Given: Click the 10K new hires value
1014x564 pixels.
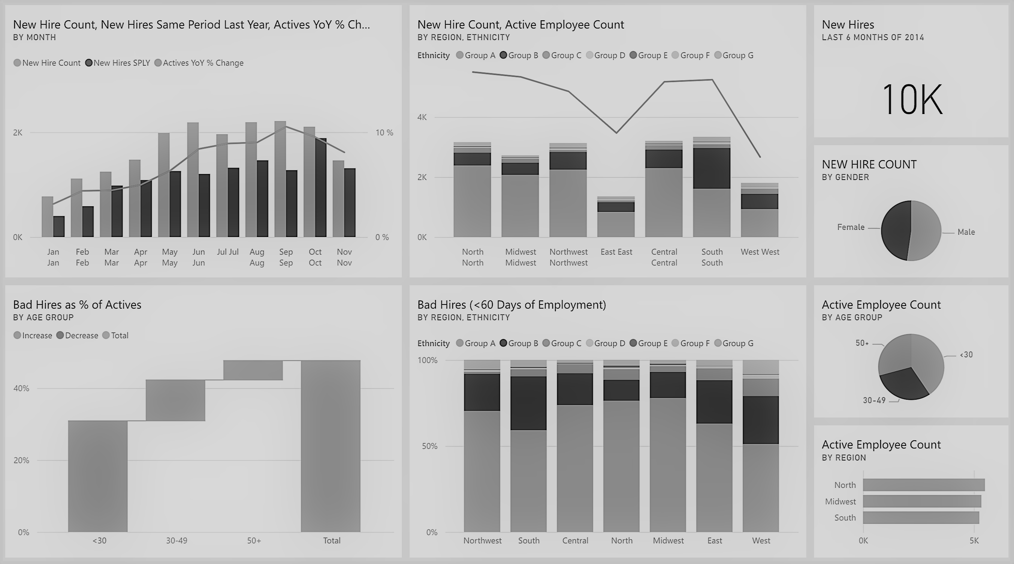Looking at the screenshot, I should [x=912, y=99].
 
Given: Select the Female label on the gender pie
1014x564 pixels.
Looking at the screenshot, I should [x=851, y=227].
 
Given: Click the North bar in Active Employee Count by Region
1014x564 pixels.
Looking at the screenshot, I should [x=923, y=485].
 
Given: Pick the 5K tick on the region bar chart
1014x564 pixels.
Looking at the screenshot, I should [x=974, y=541].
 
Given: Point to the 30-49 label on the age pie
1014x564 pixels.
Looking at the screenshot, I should [x=874, y=400].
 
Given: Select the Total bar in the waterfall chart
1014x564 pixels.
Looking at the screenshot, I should [x=331, y=446].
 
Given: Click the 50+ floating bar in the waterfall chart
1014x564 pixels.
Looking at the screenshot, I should [x=253, y=370].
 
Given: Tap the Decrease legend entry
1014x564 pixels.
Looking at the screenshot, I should [x=78, y=336].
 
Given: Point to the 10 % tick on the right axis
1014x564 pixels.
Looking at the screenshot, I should [x=384, y=133].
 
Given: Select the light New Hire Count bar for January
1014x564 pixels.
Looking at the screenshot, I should [x=47, y=217].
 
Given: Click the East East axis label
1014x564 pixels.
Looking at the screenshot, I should [x=616, y=252].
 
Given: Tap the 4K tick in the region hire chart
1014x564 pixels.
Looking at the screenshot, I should [x=422, y=117].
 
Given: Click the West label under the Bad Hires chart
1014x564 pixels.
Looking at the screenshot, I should [x=761, y=541].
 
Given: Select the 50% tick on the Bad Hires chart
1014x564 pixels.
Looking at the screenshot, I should [x=429, y=446].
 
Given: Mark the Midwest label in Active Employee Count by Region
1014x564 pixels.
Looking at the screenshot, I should [x=841, y=502].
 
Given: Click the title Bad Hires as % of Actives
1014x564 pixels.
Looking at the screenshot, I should [x=77, y=305].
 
